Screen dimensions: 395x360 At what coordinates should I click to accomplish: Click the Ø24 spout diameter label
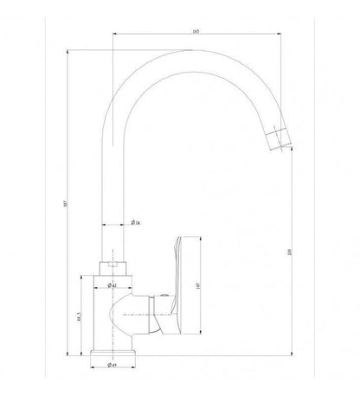point(136,224)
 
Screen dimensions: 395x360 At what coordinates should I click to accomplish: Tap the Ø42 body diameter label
point(112,284)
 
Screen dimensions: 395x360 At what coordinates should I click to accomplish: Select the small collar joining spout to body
point(112,264)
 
